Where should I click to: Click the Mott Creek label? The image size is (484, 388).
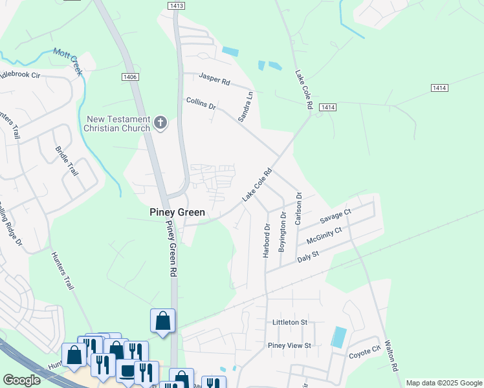(68, 61)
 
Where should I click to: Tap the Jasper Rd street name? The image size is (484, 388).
(215, 80)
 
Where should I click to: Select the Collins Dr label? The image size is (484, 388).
(201, 102)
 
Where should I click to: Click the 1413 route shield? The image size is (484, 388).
(176, 5)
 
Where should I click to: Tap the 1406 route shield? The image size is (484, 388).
(129, 77)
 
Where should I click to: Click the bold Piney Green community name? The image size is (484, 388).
(177, 212)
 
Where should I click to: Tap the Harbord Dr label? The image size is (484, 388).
(266, 241)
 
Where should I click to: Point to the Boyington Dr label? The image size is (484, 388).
(282, 233)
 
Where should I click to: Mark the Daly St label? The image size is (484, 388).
(308, 257)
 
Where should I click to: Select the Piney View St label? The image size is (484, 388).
(289, 345)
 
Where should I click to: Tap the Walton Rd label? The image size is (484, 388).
(391, 356)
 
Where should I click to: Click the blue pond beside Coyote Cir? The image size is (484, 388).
(338, 337)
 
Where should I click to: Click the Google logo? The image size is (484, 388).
(21, 380)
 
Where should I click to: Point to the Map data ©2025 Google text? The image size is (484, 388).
(443, 383)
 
